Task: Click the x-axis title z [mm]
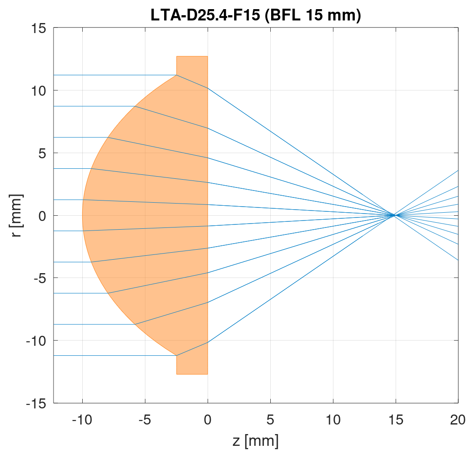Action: (255, 441)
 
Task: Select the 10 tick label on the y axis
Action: (40, 90)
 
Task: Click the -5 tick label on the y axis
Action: (40, 278)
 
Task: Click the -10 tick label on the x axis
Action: (82, 420)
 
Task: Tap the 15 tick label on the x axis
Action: (395, 420)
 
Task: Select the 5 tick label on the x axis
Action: (270, 420)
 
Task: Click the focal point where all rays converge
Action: (394, 215)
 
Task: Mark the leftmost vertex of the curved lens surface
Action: (83, 215)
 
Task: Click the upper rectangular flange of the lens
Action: (192, 65)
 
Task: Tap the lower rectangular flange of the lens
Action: (192, 365)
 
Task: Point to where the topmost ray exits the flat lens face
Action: (208, 88)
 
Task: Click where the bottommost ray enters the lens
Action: (176, 355)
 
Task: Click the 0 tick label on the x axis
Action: (208, 420)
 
